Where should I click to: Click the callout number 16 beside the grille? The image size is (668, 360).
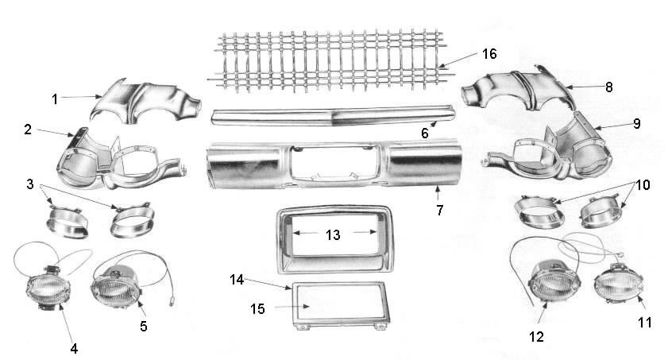489,54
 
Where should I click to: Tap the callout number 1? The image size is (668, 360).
55,99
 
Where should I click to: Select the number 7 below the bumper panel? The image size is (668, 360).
440,210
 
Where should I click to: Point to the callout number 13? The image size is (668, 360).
333,234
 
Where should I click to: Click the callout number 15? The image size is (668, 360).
257,309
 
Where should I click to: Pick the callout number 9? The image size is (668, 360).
636,123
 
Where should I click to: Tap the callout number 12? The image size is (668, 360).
536,337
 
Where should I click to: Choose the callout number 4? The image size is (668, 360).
74,349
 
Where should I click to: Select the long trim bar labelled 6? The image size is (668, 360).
334,116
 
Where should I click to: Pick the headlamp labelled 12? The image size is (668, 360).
554,281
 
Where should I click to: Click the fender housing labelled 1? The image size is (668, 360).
145,103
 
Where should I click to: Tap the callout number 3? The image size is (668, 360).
30,184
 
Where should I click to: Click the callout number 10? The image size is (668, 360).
643,184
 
